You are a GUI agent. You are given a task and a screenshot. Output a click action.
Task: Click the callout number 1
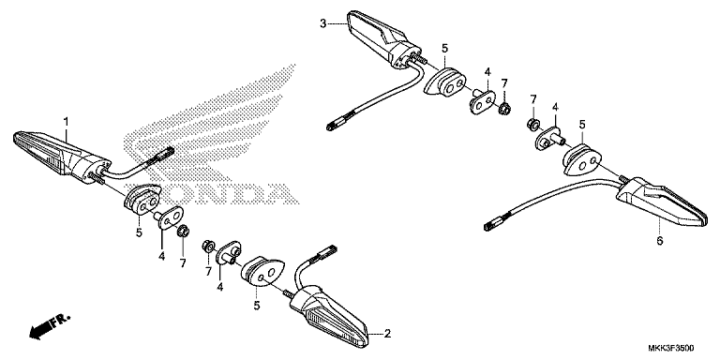pos(67,121)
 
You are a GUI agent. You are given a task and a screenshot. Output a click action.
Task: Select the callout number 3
pos(322,22)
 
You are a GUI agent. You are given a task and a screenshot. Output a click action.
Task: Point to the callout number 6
pos(659,241)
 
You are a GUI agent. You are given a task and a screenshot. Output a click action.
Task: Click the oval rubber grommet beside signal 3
pos(444,82)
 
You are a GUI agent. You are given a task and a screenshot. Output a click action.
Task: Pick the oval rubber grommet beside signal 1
pos(142,199)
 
